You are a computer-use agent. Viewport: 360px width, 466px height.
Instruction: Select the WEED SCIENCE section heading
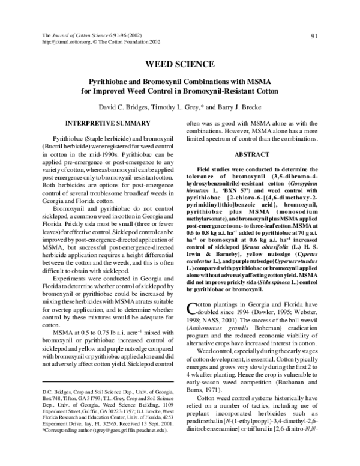click(x=180, y=64)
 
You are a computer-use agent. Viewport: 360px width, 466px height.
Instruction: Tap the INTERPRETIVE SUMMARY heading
click(x=107, y=123)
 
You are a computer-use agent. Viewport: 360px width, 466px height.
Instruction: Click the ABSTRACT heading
click(x=253, y=154)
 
